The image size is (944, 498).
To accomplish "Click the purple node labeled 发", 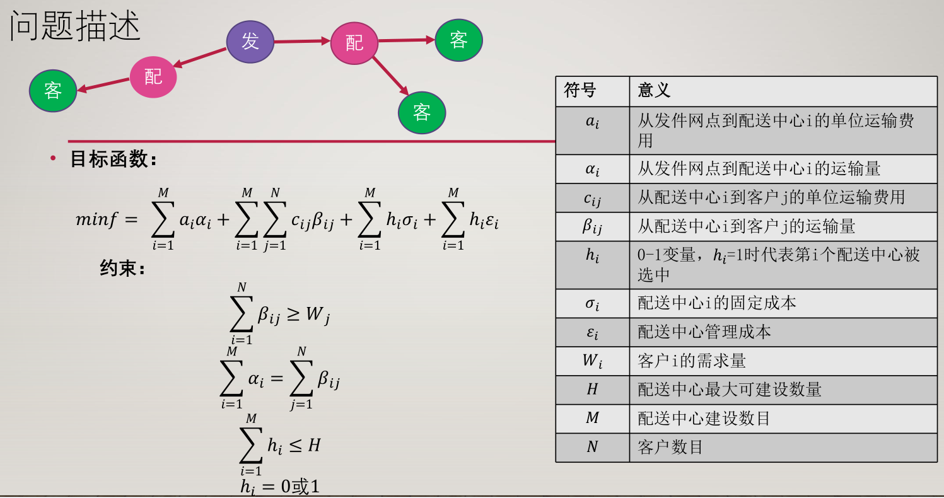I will click(x=250, y=42).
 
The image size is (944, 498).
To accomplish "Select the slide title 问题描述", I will click(x=75, y=27).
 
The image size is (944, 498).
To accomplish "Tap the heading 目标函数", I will click(x=113, y=159).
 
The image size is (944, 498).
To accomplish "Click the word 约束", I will click(x=122, y=269).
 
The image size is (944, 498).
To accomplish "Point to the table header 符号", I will click(x=580, y=91).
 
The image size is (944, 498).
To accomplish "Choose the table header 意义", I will click(x=654, y=91).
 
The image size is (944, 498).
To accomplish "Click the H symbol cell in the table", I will click(x=592, y=390).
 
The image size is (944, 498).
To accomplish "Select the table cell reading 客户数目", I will click(x=670, y=448).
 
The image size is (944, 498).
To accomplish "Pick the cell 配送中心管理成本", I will click(x=704, y=332).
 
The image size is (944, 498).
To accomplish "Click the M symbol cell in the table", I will click(x=592, y=419).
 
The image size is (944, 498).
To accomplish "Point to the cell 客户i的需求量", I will click(x=692, y=361).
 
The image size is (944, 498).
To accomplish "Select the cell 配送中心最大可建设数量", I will click(x=730, y=390).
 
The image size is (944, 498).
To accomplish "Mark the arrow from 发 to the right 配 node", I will click(x=303, y=42).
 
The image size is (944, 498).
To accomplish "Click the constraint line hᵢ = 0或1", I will click(x=280, y=487).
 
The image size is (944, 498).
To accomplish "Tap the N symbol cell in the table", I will click(x=592, y=448).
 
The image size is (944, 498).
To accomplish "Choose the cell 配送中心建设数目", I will click(x=704, y=419).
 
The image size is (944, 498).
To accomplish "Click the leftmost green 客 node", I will click(x=53, y=91).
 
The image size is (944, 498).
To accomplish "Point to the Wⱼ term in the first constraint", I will click(x=318, y=315).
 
